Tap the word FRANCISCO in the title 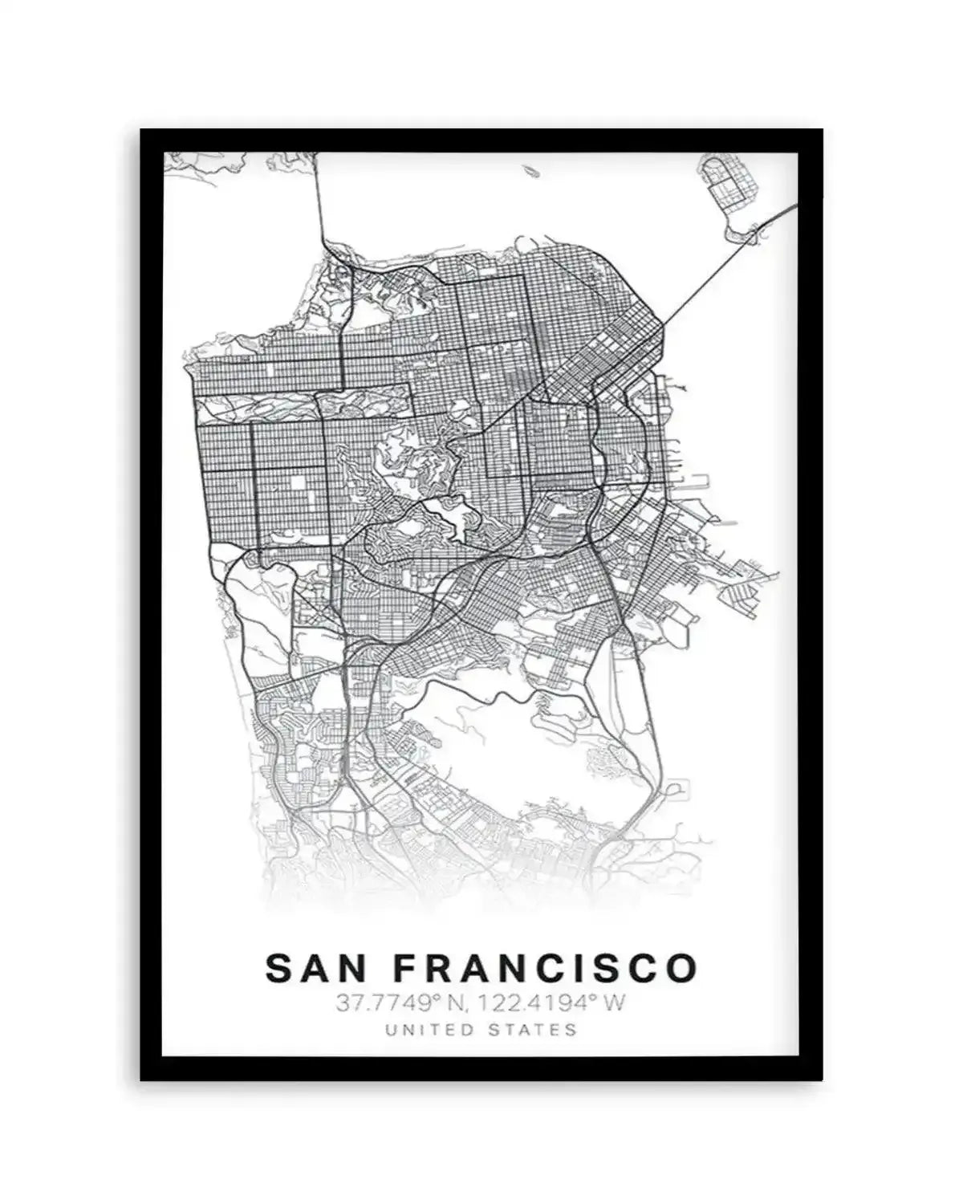[x=546, y=968]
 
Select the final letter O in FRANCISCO [x=681, y=968]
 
